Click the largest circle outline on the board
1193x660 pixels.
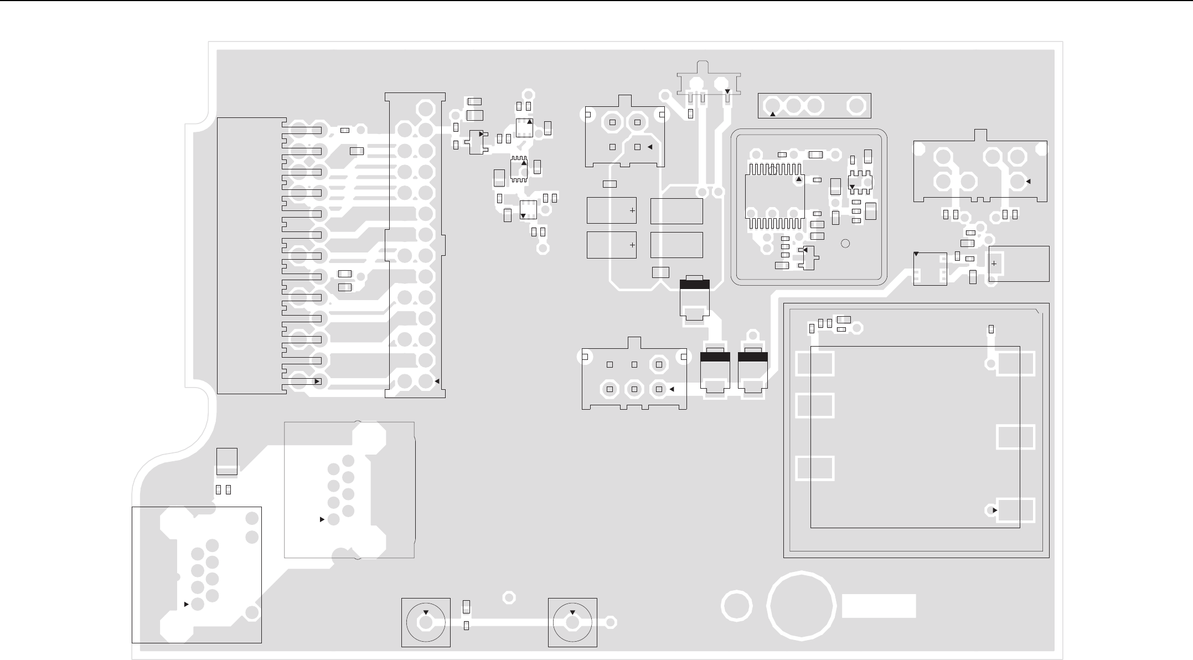coord(801,605)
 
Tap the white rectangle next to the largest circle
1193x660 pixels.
coord(879,606)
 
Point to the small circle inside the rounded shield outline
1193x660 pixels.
coord(845,244)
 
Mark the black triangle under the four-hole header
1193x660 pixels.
coord(773,114)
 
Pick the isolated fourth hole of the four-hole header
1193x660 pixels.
coord(857,105)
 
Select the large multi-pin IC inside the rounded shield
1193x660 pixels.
coord(775,197)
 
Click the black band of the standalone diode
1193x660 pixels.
coord(694,285)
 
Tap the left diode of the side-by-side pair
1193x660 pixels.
coord(715,372)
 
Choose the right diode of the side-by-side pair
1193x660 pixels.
coord(753,372)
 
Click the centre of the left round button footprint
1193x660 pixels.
coord(425,622)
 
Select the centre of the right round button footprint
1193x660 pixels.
coord(572,622)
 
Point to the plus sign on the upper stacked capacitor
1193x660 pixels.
coord(632,211)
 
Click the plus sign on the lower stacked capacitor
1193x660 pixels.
coord(632,245)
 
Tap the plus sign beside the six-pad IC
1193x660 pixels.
coord(994,264)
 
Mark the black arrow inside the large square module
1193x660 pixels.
coord(995,510)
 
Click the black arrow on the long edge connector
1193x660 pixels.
coord(317,381)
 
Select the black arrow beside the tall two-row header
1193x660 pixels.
coord(437,381)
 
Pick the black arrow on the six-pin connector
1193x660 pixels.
coord(672,389)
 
